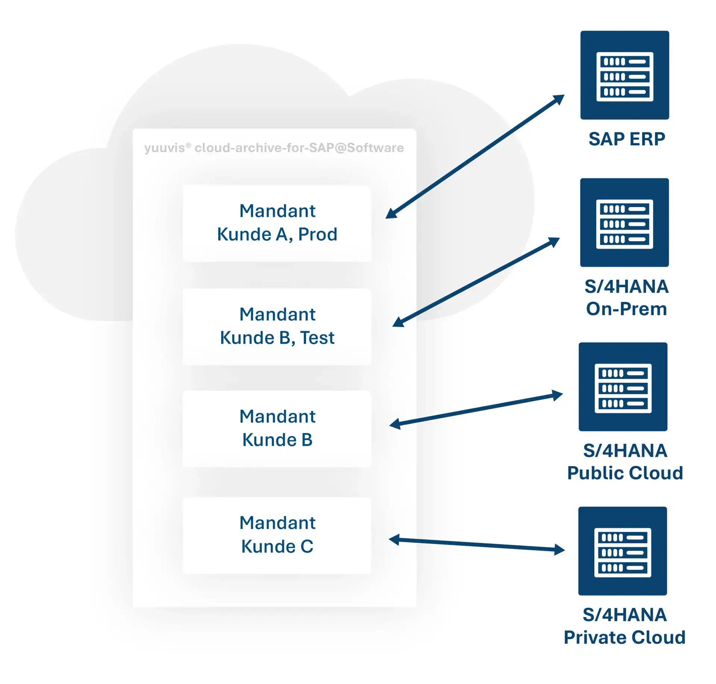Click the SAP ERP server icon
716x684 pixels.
(624, 75)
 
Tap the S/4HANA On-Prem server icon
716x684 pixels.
(624, 222)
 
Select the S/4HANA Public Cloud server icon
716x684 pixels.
(622, 387)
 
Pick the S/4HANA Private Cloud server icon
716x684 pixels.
(622, 551)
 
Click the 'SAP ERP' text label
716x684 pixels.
(626, 139)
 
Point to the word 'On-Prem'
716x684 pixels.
(626, 309)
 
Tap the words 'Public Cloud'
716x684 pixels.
(625, 473)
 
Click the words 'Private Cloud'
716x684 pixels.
(624, 637)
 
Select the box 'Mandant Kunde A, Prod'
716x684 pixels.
(277, 223)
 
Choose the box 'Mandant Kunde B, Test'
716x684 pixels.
(277, 327)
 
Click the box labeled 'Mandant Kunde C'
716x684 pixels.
(277, 535)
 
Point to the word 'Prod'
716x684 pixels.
(318, 235)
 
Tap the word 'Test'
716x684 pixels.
(317, 338)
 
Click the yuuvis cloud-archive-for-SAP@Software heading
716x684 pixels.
(274, 148)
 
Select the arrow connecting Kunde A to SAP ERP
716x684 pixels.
(474, 157)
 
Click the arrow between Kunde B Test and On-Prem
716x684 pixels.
(476, 282)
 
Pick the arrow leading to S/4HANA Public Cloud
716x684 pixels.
(476, 409)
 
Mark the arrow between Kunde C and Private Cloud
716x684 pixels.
(477, 544)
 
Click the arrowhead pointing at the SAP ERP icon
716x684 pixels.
(559, 99)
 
